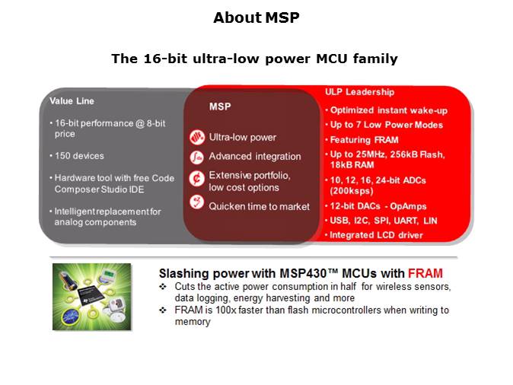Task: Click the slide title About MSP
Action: click(256, 17)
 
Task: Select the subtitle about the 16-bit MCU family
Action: click(254, 59)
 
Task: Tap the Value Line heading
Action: click(72, 100)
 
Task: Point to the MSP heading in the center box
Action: click(220, 107)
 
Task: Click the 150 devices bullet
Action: click(77, 156)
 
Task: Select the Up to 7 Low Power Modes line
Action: click(386, 125)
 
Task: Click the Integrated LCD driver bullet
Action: click(376, 236)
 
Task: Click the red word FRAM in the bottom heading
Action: click(425, 272)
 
